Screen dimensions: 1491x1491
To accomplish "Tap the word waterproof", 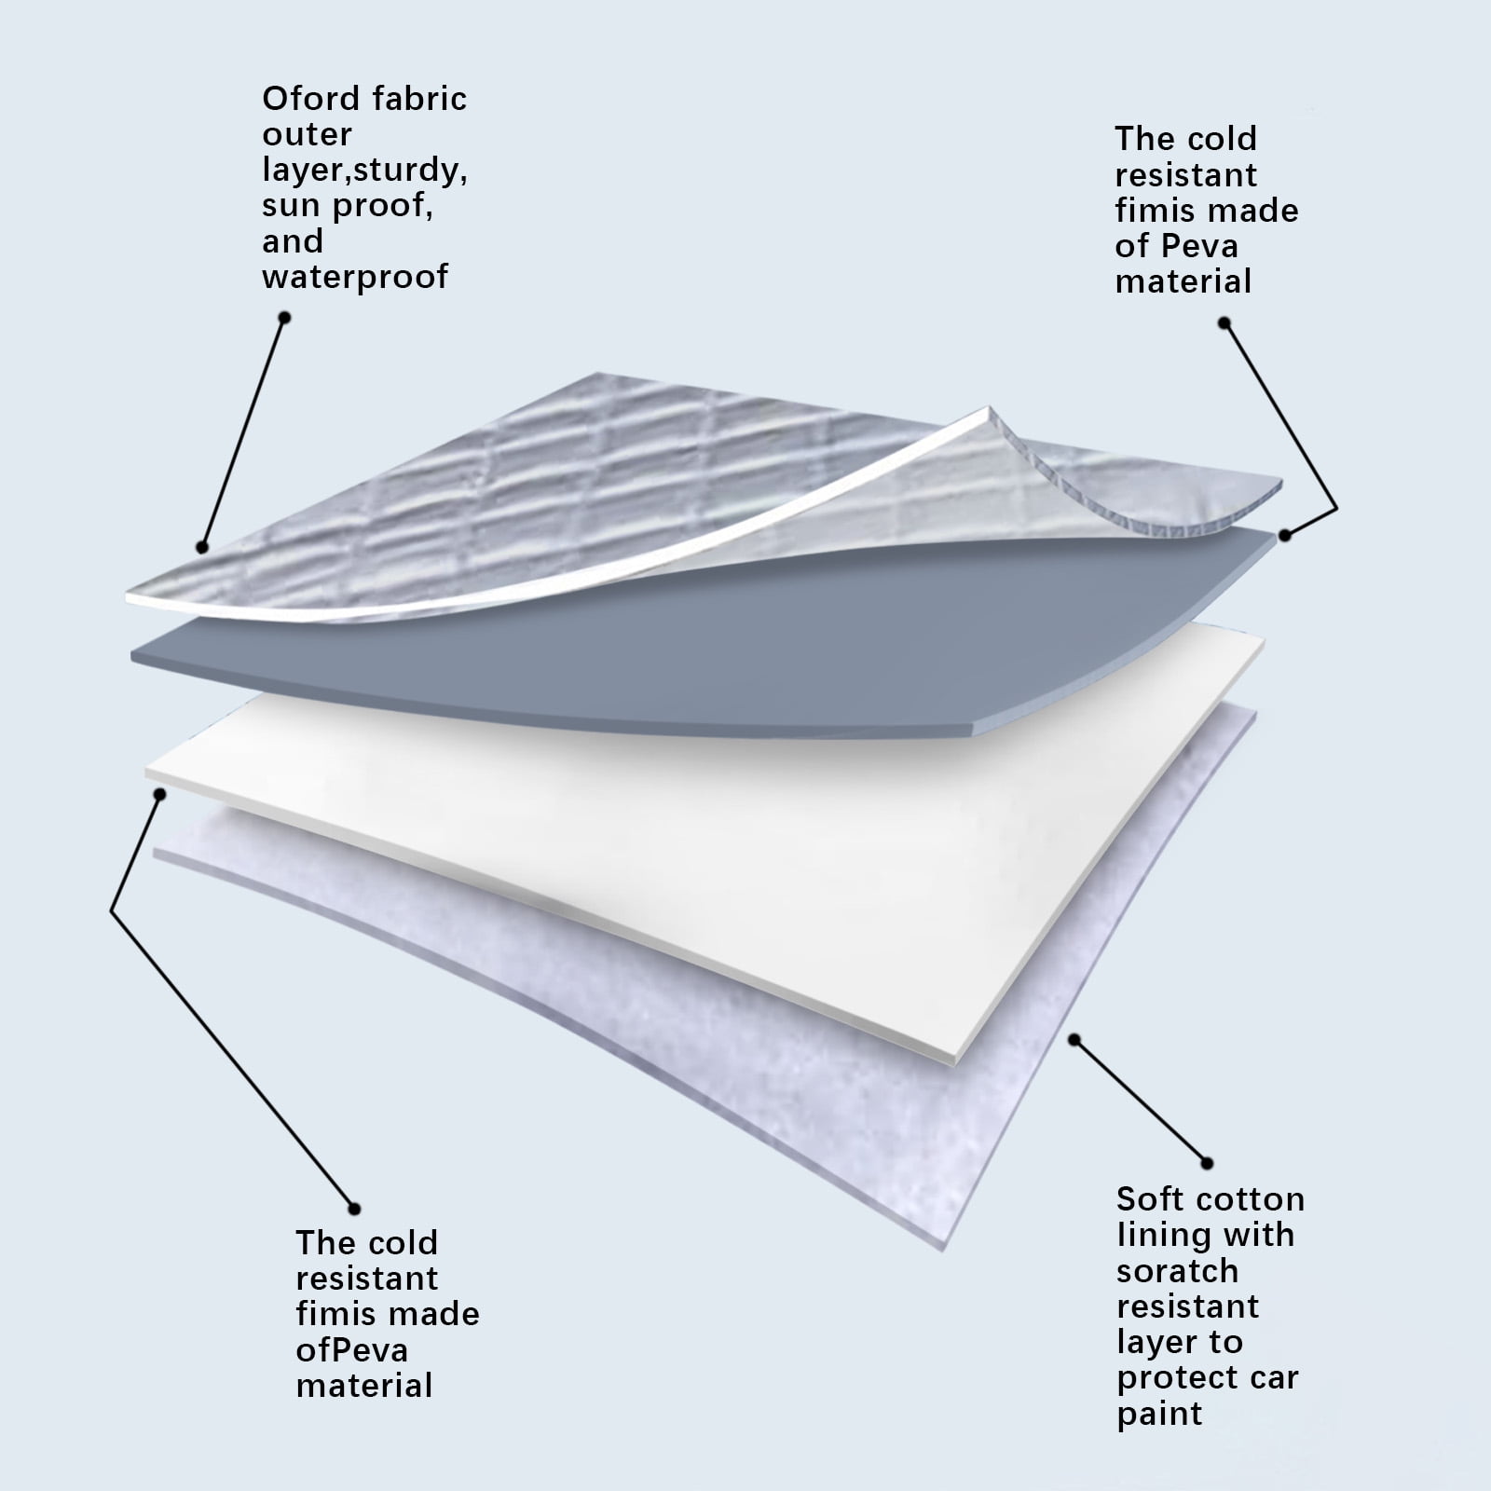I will pyautogui.click(x=355, y=277).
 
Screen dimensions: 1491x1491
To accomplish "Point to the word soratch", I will pyautogui.click(x=1177, y=1270).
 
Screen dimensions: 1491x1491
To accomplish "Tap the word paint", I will pyautogui.click(x=1160, y=1413).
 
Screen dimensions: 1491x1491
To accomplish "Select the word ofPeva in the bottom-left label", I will pyautogui.click(x=351, y=1349).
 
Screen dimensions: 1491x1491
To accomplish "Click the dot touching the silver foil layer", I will pyautogui.click(x=201, y=548).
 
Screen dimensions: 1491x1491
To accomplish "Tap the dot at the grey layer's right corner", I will pyautogui.click(x=1285, y=535).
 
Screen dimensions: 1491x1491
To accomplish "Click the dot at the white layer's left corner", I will pyautogui.click(x=160, y=794).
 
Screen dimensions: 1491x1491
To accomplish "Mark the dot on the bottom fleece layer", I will pyautogui.click(x=1074, y=1039).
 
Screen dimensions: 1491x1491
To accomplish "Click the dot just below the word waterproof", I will pyautogui.click(x=285, y=318).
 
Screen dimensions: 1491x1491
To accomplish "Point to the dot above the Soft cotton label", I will pyautogui.click(x=1207, y=1163).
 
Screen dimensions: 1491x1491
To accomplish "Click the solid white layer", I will pyautogui.click(x=745, y=839).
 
